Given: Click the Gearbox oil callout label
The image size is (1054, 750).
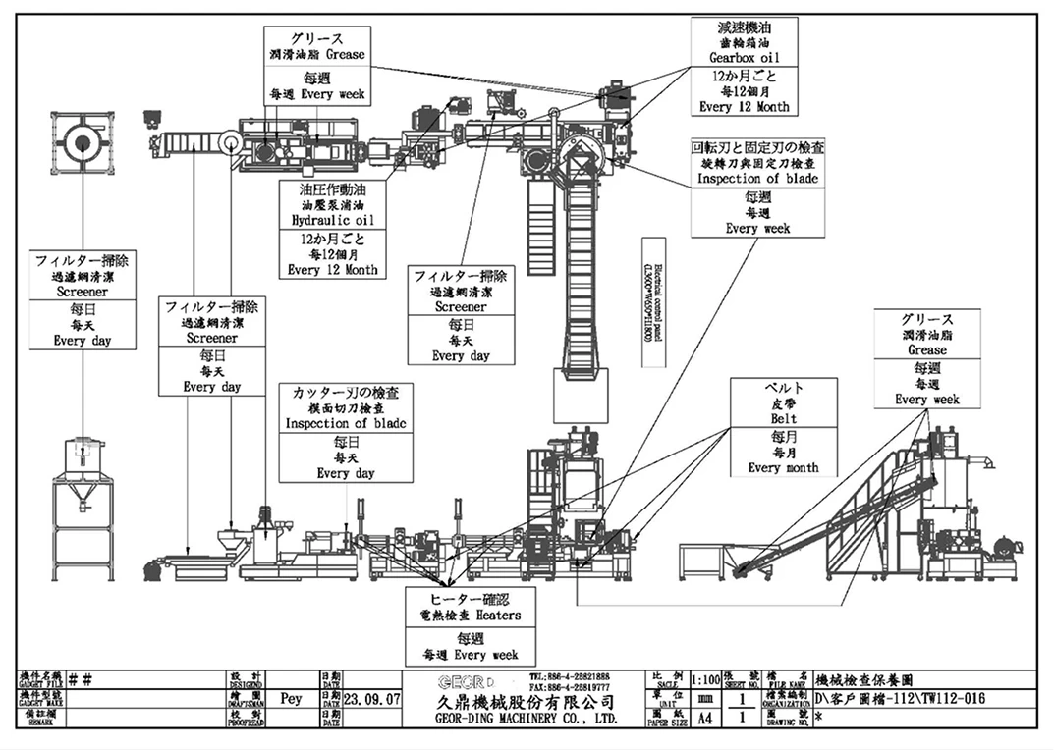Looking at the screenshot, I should pyautogui.click(x=744, y=57).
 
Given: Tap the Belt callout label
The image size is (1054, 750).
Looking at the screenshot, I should pyautogui.click(x=783, y=418).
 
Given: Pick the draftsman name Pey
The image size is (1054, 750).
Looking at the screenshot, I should pyautogui.click(x=291, y=701).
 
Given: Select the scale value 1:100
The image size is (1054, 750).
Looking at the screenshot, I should pyautogui.click(x=704, y=680).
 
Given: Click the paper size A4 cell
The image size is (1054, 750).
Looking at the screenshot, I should pyautogui.click(x=704, y=718).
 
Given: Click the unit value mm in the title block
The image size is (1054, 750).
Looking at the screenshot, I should pyautogui.click(x=704, y=699).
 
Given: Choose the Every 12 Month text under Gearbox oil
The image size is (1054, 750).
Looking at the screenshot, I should pyautogui.click(x=744, y=106).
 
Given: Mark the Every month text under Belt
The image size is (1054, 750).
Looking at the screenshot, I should pyautogui.click(x=783, y=468).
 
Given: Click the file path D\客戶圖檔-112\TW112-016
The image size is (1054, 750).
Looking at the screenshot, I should pyautogui.click(x=900, y=699).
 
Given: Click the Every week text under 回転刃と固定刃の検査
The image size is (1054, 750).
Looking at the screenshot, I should pyautogui.click(x=757, y=228).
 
